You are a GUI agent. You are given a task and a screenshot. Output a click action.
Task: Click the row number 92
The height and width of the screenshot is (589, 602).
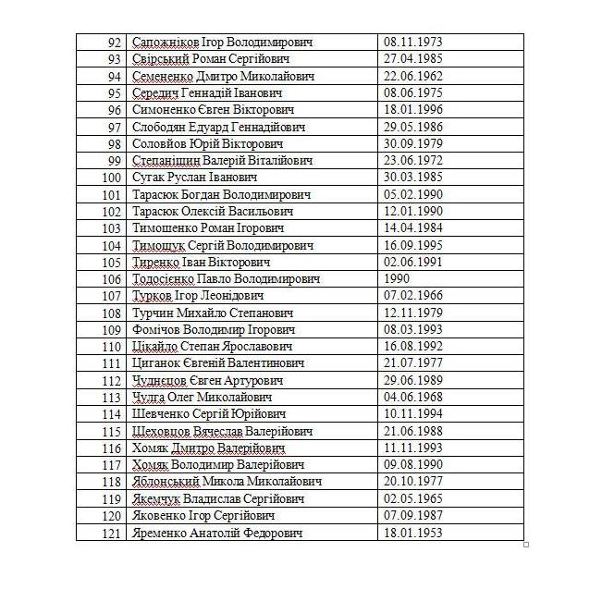[x=115, y=43]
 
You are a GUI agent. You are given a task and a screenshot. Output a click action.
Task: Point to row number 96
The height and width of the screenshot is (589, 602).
[x=115, y=110]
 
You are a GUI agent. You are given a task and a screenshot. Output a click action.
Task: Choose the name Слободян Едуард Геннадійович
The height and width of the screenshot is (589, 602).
[x=218, y=127]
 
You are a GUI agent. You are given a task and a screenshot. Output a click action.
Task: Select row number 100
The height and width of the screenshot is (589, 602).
[x=112, y=178]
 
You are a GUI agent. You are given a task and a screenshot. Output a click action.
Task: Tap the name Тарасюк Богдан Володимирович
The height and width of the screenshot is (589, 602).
[x=221, y=194]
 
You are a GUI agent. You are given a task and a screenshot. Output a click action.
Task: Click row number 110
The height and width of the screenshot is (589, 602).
[x=112, y=347]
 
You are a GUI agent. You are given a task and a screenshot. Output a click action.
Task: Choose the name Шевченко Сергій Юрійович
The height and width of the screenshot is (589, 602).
[x=209, y=414]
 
